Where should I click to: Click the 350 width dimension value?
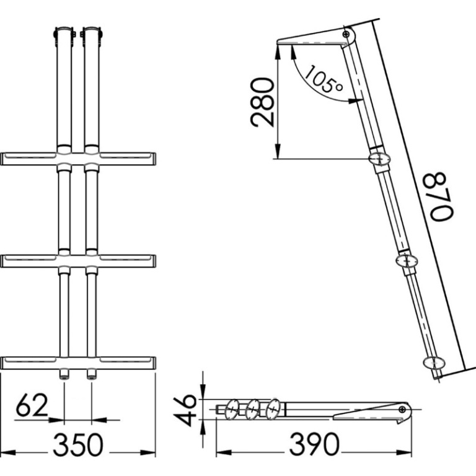78,445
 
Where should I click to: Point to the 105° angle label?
324,79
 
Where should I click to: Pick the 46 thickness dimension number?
185,410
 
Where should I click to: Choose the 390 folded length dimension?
314,444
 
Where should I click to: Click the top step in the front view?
78,159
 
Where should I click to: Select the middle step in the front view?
78,261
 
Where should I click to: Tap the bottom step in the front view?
78,363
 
